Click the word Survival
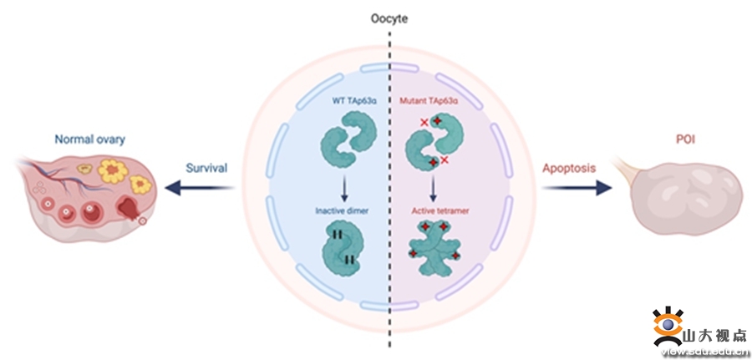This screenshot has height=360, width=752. [x=206, y=168]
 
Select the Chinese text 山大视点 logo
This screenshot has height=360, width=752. [x=714, y=336]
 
